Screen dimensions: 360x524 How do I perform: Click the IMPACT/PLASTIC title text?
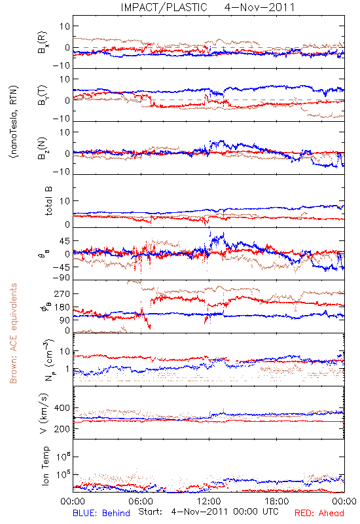click(x=164, y=7)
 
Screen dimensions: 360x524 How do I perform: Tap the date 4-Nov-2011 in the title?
click(x=259, y=7)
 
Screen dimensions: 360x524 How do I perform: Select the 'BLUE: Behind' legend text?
click(x=101, y=513)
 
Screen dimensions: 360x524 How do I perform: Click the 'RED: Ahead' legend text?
click(x=319, y=513)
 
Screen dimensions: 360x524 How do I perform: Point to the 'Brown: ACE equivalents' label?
click(x=13, y=333)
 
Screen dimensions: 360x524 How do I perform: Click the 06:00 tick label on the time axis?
click(x=141, y=501)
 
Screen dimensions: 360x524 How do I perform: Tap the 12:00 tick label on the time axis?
click(x=209, y=501)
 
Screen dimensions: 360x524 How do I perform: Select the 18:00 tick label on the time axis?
click(x=277, y=501)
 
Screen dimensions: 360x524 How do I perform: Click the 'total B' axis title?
click(x=48, y=201)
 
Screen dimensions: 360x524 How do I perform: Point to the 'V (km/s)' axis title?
click(x=44, y=413)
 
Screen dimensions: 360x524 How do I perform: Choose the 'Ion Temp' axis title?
click(x=45, y=466)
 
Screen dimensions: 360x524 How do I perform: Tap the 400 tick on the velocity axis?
click(x=62, y=408)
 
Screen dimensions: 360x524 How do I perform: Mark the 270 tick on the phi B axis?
click(x=62, y=293)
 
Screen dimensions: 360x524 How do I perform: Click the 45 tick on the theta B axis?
click(x=64, y=241)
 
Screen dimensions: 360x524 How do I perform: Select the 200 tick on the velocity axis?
click(x=62, y=429)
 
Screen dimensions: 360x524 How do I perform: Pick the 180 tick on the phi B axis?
click(x=62, y=307)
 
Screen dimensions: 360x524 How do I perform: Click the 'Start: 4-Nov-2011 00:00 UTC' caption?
click(x=208, y=512)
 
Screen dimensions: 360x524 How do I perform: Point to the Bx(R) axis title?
click(x=43, y=43)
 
